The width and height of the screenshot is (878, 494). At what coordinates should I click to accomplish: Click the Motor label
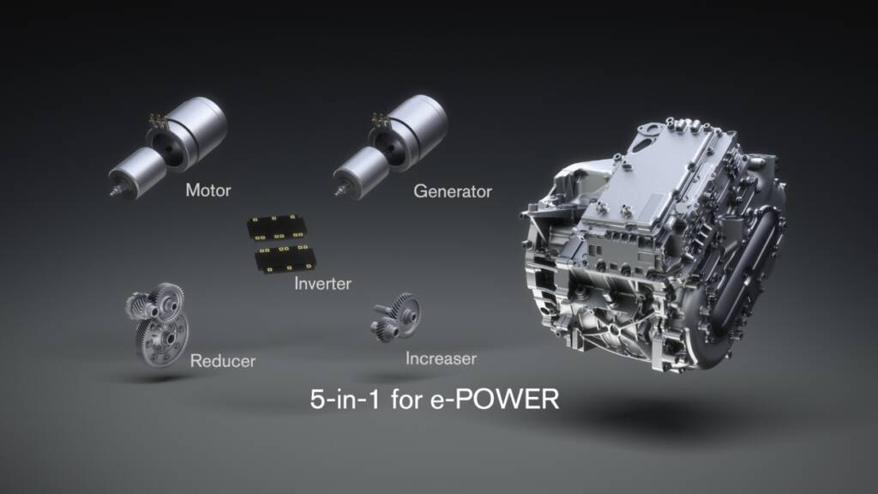click(208, 190)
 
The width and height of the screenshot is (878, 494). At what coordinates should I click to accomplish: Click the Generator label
click(453, 191)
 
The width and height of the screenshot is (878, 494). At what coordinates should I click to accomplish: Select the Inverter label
click(322, 282)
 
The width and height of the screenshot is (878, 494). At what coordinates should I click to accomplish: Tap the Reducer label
click(223, 360)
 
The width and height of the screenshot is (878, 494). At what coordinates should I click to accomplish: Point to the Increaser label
click(441, 357)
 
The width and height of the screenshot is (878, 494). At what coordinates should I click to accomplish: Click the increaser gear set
click(395, 316)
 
